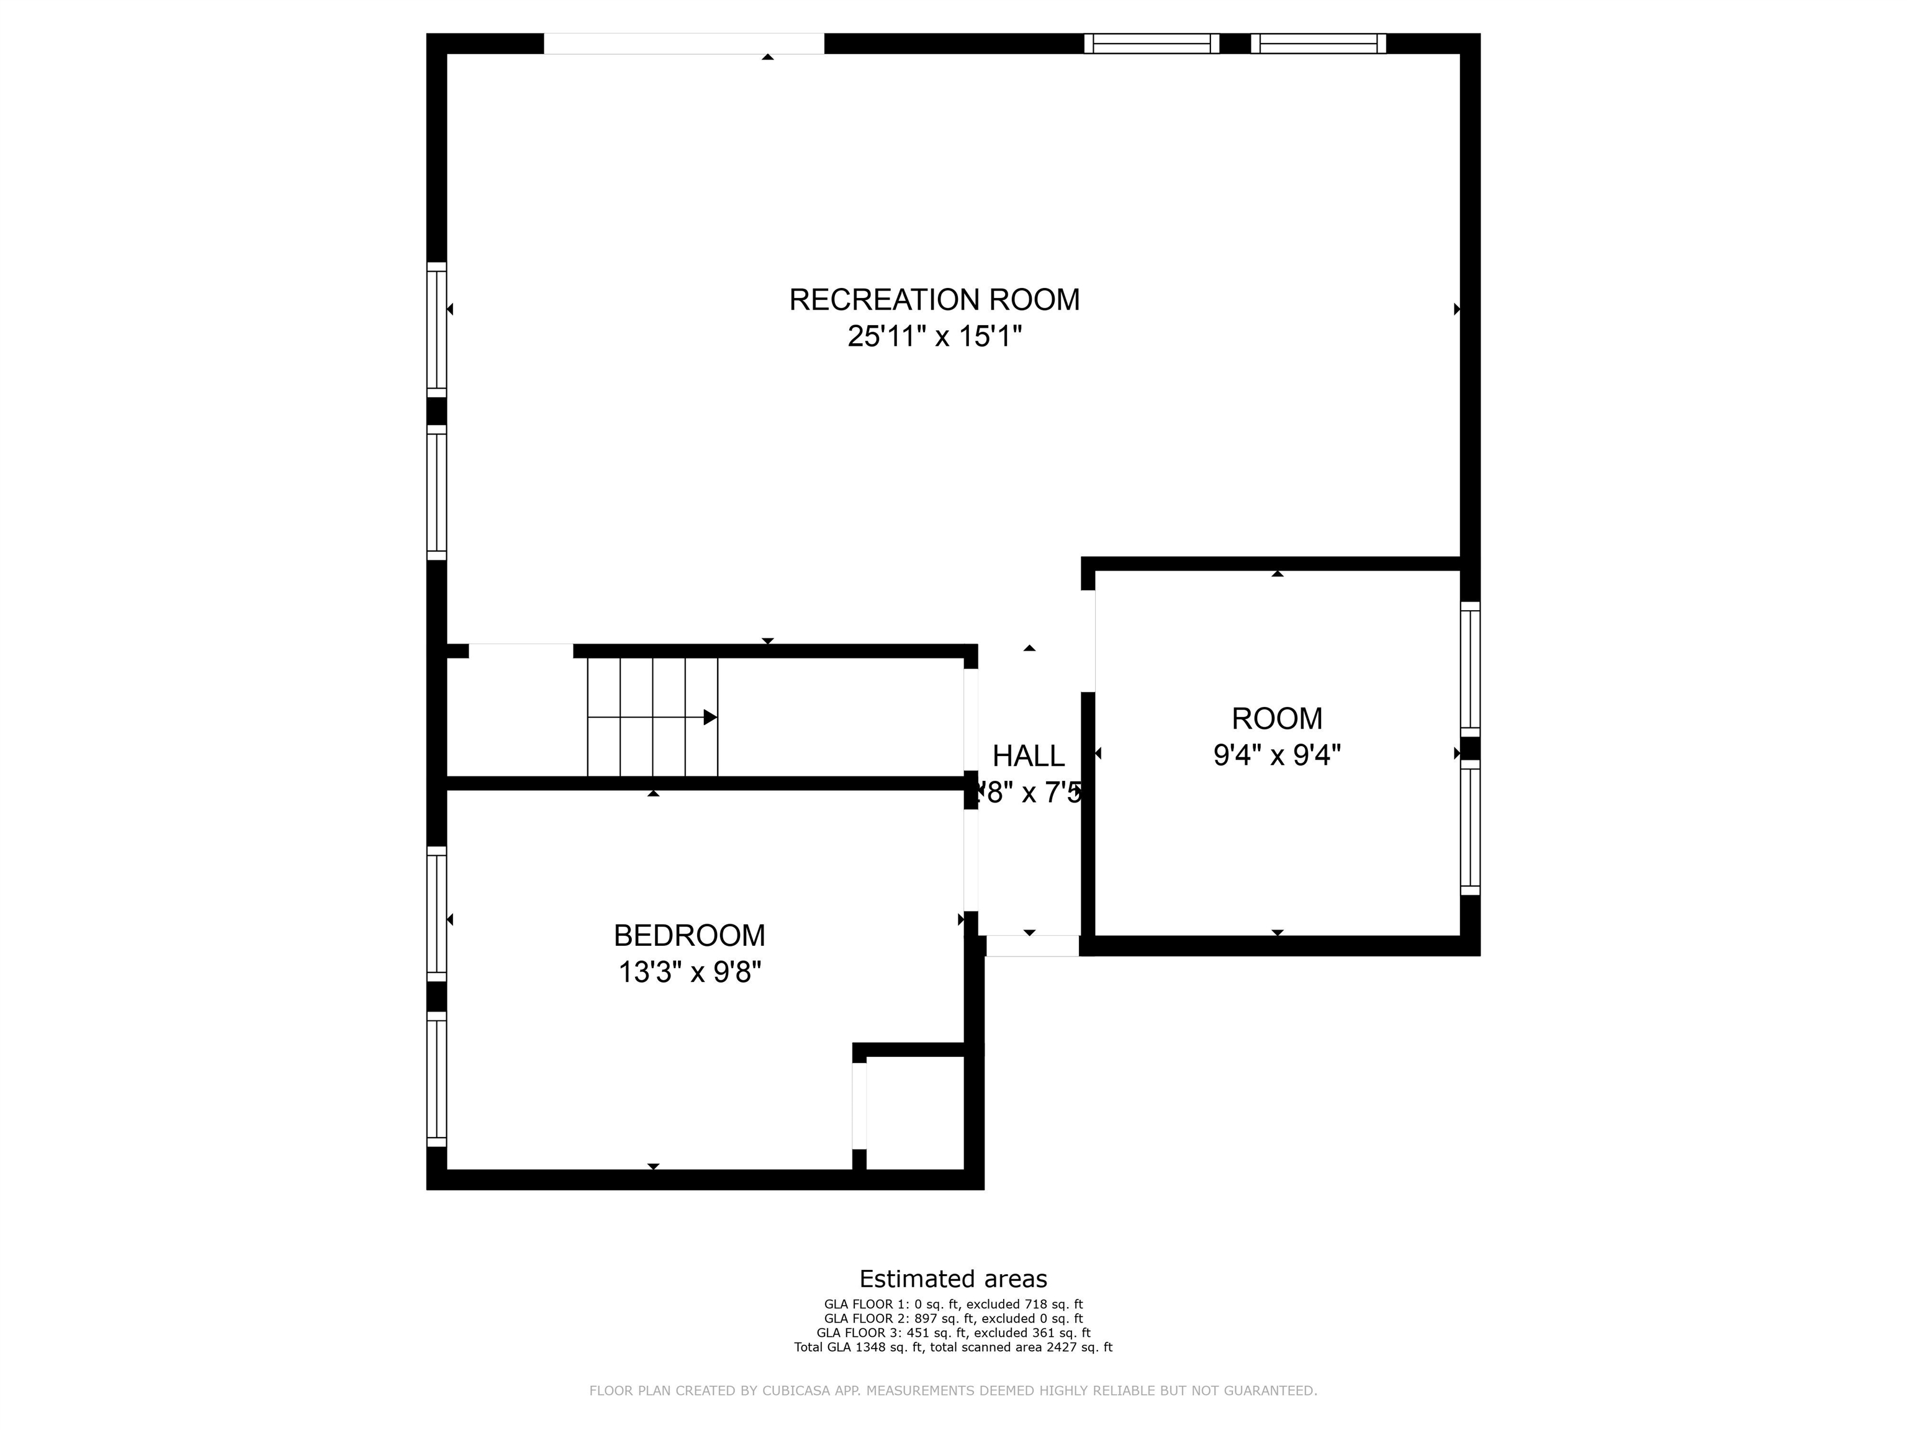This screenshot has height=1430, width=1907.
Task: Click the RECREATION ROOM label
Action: tap(934, 300)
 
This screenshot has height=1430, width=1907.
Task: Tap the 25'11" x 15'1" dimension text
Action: tap(934, 336)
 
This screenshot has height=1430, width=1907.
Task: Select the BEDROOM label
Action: tap(689, 935)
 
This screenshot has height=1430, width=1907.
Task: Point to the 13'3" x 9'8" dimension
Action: tap(689, 973)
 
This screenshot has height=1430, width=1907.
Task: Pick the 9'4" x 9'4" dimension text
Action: tap(1277, 755)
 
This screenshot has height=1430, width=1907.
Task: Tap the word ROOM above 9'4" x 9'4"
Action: tap(1277, 718)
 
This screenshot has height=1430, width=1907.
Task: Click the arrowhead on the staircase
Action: tap(710, 717)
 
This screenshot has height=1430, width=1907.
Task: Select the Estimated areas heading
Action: tap(953, 1279)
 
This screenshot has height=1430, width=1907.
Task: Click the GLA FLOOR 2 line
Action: tap(953, 1318)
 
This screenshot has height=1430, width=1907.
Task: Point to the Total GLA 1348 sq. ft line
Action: tap(953, 1346)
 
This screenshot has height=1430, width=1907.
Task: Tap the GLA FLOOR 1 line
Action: tap(953, 1304)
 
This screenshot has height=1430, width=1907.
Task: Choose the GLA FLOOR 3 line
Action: tap(953, 1333)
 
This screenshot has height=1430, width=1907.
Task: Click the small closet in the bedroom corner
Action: tap(915, 1113)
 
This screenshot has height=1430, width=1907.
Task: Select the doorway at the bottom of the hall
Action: tap(1032, 946)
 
